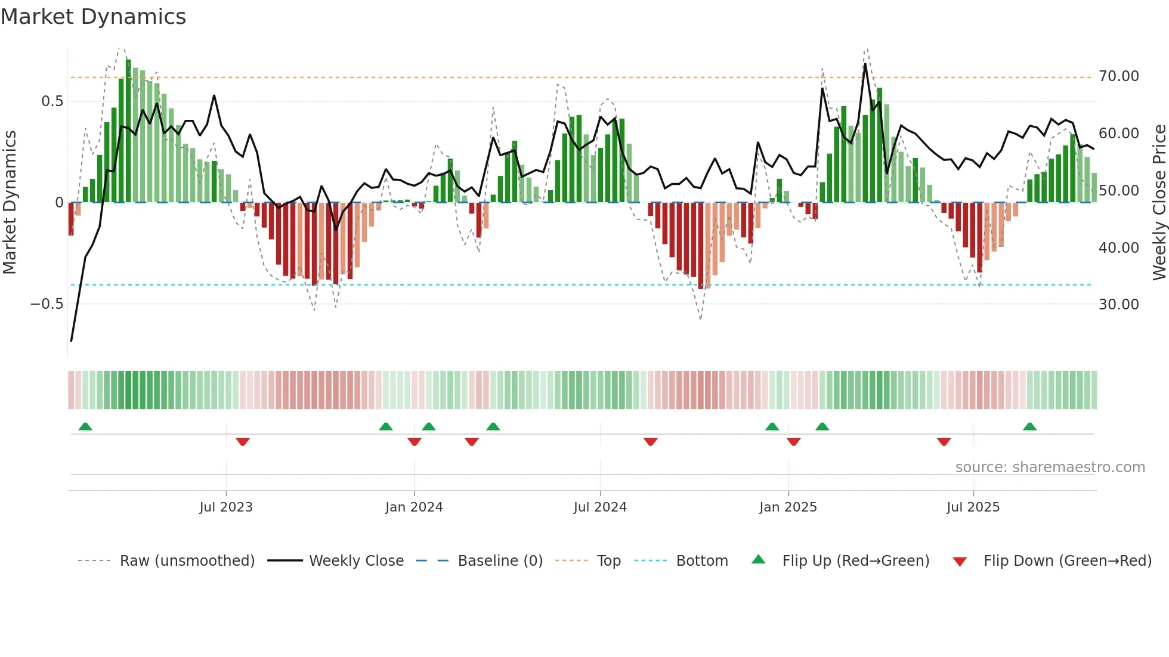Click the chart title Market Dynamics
pos(94,17)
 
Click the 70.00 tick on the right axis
pos(1118,76)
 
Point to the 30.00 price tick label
pos(1118,305)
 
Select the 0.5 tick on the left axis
pos(52,101)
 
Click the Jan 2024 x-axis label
pos(414,507)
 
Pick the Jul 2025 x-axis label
pos(973,507)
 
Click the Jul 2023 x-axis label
pos(226,507)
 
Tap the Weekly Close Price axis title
pos(1159,203)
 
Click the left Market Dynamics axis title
pos(10,203)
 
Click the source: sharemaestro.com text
pos(1050,467)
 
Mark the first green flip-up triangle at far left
pos(85,426)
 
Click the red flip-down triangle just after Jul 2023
pos(243,442)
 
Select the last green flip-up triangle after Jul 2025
pos(1029,426)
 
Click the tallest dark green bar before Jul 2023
pos(128,131)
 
